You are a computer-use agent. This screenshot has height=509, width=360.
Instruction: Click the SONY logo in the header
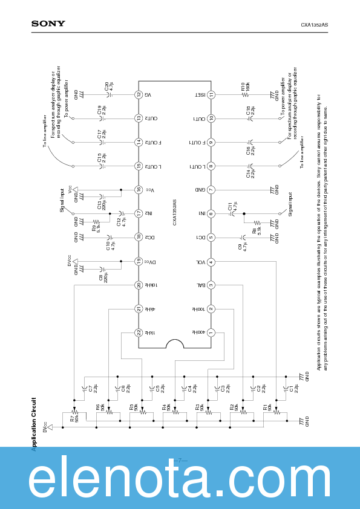tap(48, 24)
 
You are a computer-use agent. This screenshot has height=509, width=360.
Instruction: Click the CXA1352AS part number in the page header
tap(315, 25)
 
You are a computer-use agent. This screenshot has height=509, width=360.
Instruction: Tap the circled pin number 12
tap(138, 95)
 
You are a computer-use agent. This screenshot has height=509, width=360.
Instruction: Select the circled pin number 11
tap(211, 95)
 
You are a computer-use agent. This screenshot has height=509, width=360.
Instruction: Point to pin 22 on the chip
tap(138, 332)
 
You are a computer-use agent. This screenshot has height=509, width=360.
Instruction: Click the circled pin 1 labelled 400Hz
tap(211, 332)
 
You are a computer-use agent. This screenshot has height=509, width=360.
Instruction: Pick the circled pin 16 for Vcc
tap(138, 190)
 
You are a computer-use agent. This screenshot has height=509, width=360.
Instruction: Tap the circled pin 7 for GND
tap(211, 190)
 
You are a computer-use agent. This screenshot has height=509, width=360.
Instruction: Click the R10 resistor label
tap(243, 87)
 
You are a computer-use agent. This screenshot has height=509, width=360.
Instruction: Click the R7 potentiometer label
tap(72, 418)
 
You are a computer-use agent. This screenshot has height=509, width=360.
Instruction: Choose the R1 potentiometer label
tap(264, 409)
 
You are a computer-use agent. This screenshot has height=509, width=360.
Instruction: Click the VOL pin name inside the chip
tap(199, 262)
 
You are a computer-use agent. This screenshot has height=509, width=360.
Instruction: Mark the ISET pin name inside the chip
tap(199, 95)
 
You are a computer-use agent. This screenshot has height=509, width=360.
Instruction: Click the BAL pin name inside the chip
tap(199, 285)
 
